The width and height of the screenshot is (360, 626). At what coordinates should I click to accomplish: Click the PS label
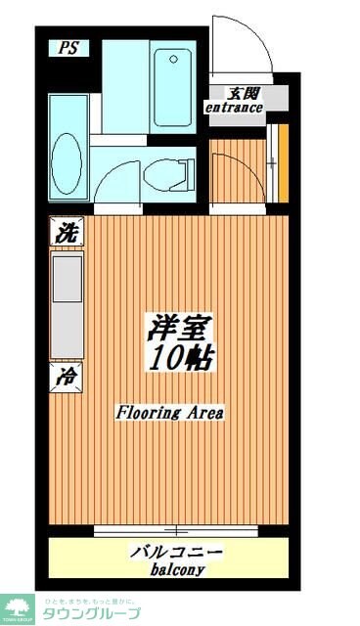tap(67, 48)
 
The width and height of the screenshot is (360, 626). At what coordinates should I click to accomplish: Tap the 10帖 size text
tap(182, 357)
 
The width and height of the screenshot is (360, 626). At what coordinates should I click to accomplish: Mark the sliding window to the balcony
tap(176, 531)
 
